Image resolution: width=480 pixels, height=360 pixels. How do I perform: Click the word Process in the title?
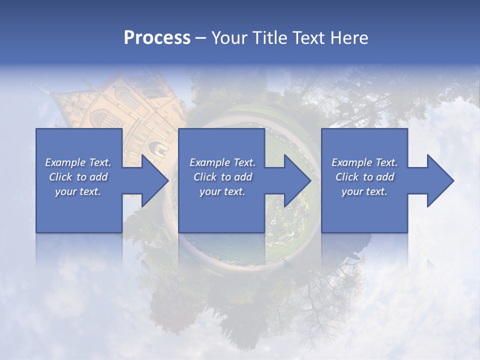click(x=157, y=38)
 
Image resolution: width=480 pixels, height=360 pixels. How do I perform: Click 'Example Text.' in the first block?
click(x=78, y=162)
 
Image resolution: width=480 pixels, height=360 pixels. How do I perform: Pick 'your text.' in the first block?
click(x=78, y=191)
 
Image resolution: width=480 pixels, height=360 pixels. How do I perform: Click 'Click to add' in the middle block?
click(x=222, y=177)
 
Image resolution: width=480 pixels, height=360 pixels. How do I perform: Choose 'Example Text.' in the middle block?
click(x=222, y=162)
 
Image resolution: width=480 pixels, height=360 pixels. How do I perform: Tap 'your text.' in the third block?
click(x=364, y=191)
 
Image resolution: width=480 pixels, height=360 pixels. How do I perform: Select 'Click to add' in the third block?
click(x=364, y=177)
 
